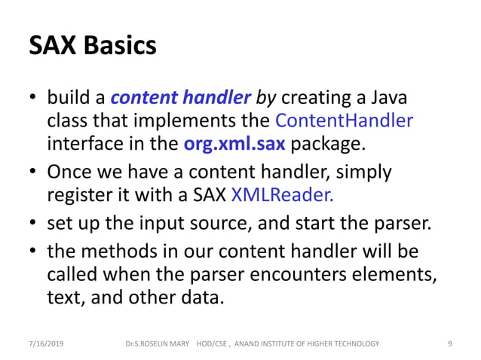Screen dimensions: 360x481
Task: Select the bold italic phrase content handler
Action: click(x=179, y=97)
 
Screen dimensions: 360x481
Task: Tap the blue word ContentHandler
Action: click(x=345, y=121)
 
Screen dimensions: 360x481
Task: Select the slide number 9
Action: click(x=449, y=343)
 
